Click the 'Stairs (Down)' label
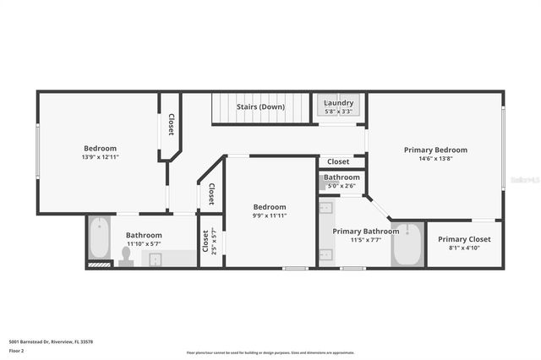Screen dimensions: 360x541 [260, 107]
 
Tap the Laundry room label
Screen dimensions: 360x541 [339, 104]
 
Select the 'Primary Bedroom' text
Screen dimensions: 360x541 [435, 150]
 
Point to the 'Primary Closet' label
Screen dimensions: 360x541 [464, 239]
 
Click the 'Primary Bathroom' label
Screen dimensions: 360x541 [365, 231]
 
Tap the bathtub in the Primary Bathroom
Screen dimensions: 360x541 [407, 245]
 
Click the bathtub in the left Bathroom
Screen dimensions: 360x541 [99, 238]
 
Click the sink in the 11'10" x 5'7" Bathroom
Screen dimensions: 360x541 [156, 259]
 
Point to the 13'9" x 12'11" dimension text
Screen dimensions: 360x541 [100, 157]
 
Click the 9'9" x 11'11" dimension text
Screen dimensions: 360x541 [270, 215]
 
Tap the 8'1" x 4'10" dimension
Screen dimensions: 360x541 [464, 248]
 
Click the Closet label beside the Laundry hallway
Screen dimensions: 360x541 [338, 161]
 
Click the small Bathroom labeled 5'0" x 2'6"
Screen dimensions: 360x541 [342, 181]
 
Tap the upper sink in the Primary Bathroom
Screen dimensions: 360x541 [326, 209]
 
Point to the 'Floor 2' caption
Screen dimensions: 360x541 [18, 350]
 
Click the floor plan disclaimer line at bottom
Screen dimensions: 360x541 [270, 352]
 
